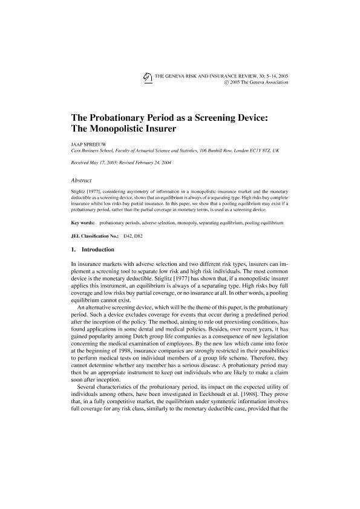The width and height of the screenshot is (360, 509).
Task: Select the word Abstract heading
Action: (82, 180)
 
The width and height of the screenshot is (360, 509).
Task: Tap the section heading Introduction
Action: (98, 249)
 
